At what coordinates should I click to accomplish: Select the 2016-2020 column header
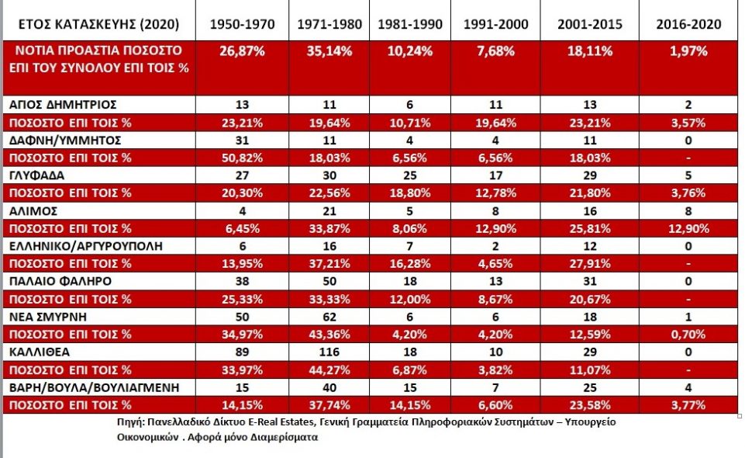pos(688,24)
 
